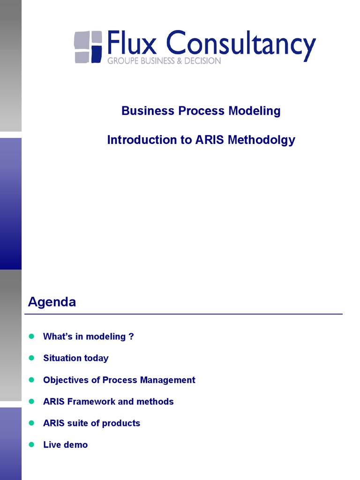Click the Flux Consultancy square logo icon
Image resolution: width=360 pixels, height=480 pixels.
(x=88, y=47)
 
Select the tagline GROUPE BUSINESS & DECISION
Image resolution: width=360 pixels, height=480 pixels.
(x=164, y=61)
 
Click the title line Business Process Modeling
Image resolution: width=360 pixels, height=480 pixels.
(x=201, y=111)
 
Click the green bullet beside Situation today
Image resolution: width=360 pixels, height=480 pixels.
(x=32, y=358)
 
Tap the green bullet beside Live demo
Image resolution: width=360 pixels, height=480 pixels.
(x=32, y=444)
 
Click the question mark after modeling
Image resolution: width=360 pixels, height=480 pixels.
(x=131, y=337)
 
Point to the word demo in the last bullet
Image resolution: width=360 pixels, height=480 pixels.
(x=75, y=445)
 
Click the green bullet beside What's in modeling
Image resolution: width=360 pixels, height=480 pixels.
(x=32, y=336)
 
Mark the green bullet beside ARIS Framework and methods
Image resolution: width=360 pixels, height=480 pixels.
(x=32, y=401)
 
